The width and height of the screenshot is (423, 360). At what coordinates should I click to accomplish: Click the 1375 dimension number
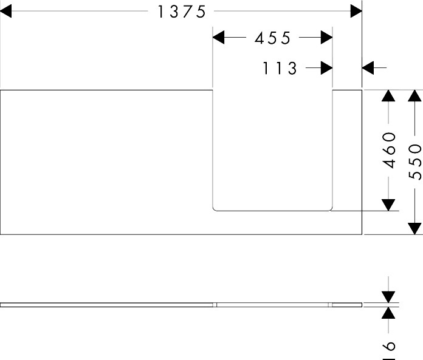(182, 12)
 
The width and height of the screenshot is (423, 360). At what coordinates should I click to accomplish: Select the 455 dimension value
(273, 38)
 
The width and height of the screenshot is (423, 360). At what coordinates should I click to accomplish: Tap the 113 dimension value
(280, 69)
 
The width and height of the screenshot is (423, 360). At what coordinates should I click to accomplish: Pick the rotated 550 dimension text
(415, 161)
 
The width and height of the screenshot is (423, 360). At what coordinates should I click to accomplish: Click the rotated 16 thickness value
(389, 347)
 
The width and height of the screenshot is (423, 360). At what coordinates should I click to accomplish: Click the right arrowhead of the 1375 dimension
(356, 12)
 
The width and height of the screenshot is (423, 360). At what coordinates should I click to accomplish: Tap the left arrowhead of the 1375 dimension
(7, 12)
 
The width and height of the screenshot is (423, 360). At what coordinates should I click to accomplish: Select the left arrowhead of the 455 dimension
(219, 38)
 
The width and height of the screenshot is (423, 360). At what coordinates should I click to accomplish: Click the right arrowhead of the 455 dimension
(326, 38)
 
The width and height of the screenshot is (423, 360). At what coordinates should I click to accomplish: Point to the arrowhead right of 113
(326, 68)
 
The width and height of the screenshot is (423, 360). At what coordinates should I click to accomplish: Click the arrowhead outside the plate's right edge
(369, 68)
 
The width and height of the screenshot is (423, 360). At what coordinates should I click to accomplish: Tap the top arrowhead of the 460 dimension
(388, 97)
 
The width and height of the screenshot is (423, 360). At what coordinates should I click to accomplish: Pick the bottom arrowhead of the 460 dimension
(388, 205)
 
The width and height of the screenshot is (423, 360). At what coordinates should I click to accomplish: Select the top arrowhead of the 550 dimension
(414, 97)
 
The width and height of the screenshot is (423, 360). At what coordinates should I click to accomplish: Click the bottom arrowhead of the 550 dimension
(414, 228)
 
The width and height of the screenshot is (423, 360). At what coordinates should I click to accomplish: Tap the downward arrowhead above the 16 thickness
(388, 296)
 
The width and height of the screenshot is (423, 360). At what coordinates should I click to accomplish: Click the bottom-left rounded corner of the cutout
(215, 209)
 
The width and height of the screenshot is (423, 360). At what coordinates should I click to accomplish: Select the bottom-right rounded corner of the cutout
(330, 209)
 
